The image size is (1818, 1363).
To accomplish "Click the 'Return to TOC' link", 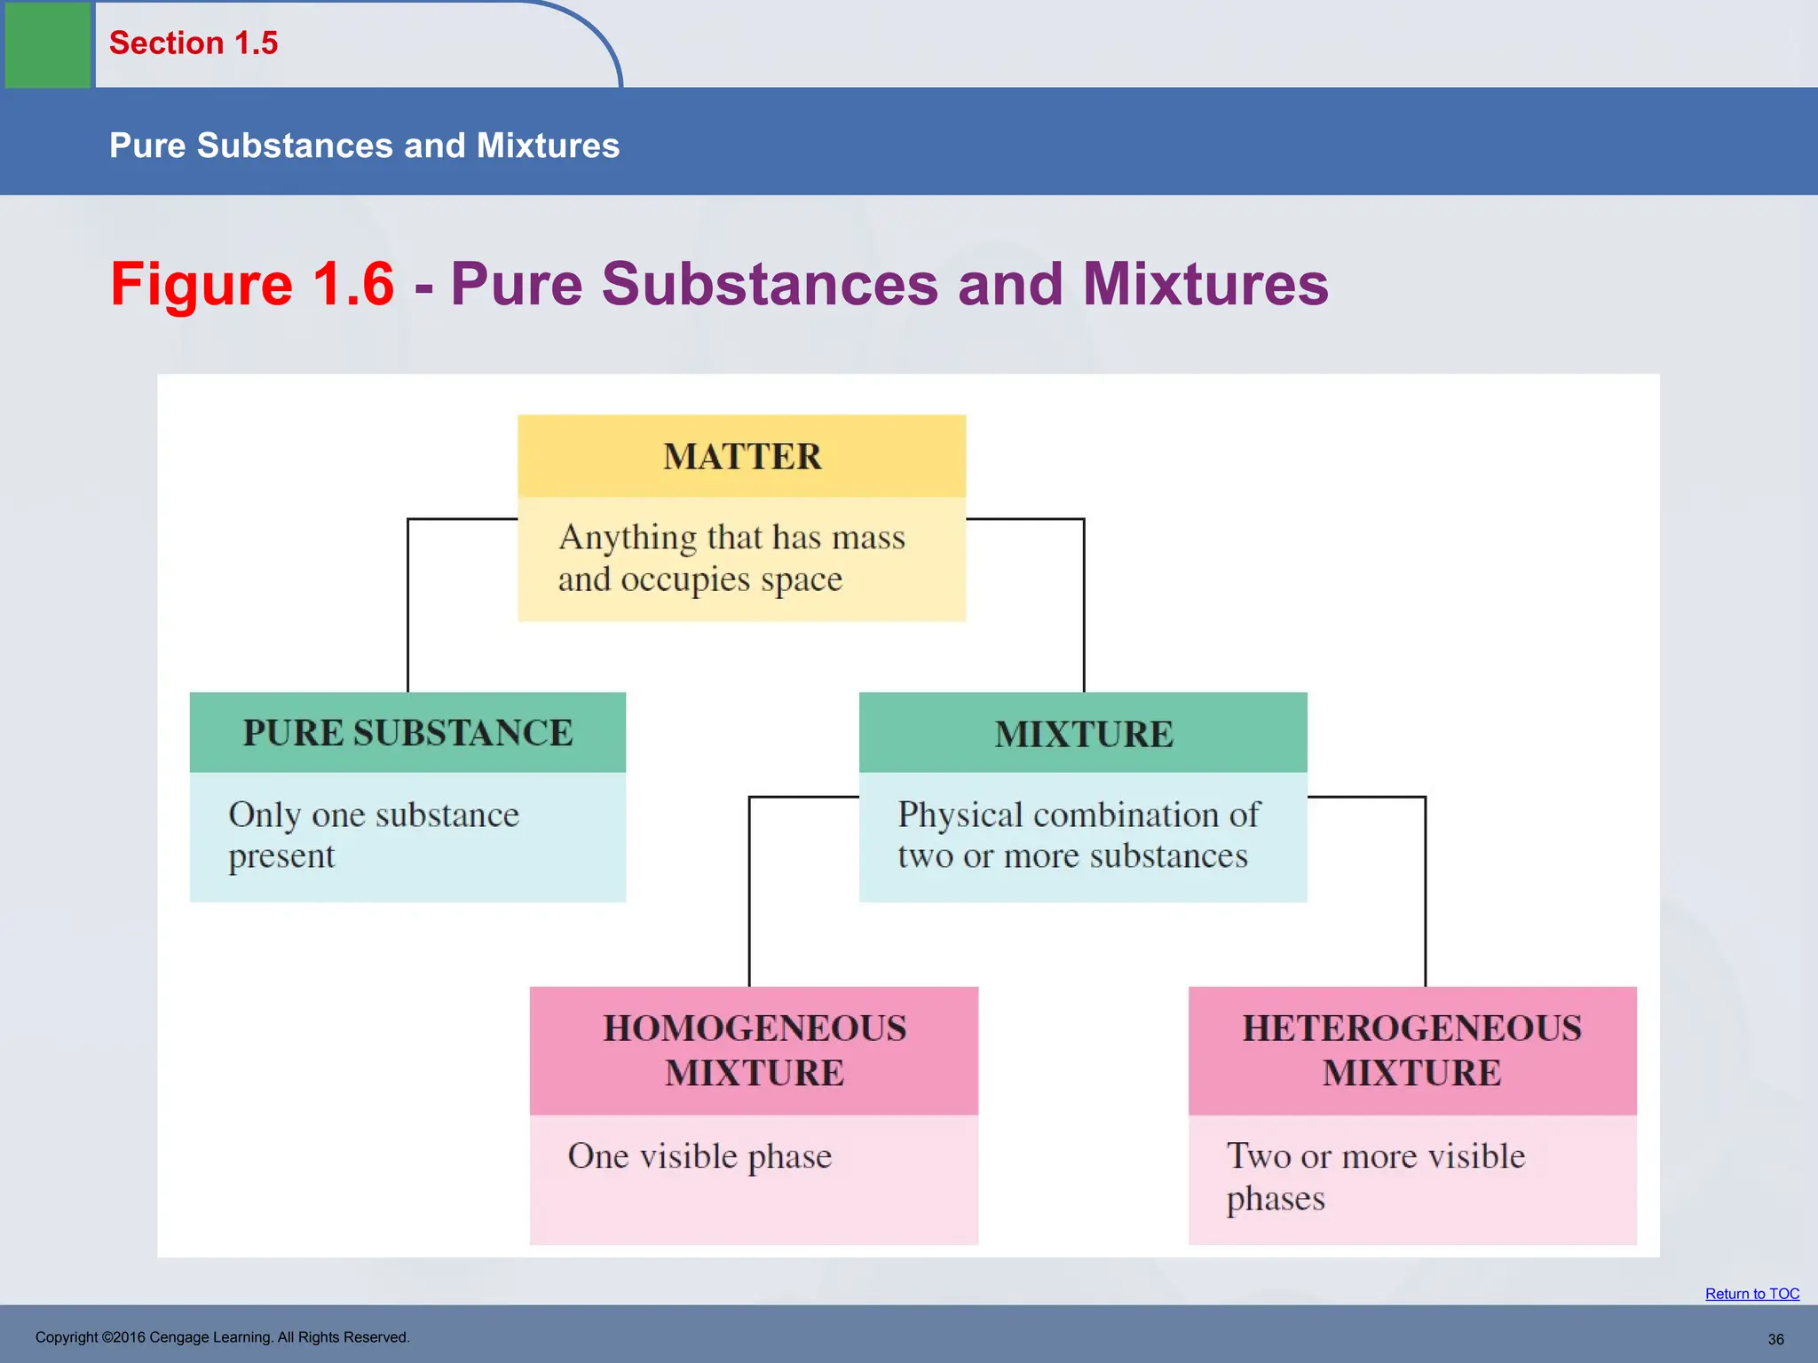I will [x=1751, y=1294].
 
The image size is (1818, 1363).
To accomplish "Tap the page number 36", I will [x=1775, y=1339].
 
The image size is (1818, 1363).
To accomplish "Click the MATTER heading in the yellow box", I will [x=742, y=457].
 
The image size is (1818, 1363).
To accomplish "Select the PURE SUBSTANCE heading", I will [x=407, y=733].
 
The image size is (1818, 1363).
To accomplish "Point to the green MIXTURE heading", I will [x=1083, y=734].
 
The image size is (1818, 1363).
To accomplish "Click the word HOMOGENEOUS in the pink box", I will [x=755, y=1028].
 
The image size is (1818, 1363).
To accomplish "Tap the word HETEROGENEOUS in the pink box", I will [x=1411, y=1028].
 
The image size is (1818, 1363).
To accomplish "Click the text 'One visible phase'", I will [x=700, y=1156].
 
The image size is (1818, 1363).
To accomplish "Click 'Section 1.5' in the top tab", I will [x=194, y=43].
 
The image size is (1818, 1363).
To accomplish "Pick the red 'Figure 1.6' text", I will [x=252, y=284].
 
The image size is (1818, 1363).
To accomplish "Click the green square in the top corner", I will [x=48, y=44].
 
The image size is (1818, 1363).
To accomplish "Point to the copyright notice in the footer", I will [x=222, y=1337].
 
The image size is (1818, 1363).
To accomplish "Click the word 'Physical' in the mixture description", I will [x=960, y=815].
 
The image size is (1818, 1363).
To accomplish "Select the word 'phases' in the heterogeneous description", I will [x=1276, y=1199].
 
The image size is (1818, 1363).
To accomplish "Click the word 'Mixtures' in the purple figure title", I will [x=1205, y=284].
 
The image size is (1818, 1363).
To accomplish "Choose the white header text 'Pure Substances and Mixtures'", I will [x=364, y=146].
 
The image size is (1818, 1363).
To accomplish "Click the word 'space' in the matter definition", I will [x=801, y=580].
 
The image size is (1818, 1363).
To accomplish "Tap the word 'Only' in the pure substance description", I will [x=265, y=815].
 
